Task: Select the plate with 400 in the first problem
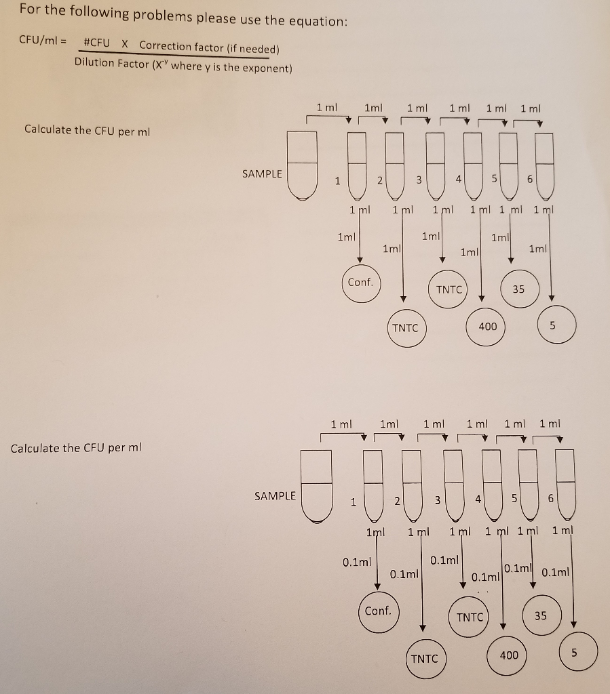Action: pos(488,327)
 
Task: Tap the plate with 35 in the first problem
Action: pos(518,289)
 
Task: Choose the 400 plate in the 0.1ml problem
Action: pos(509,655)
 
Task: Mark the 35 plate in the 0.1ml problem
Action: pos(540,616)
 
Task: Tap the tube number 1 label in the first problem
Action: pos(337,181)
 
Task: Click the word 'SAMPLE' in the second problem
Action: pos(275,496)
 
